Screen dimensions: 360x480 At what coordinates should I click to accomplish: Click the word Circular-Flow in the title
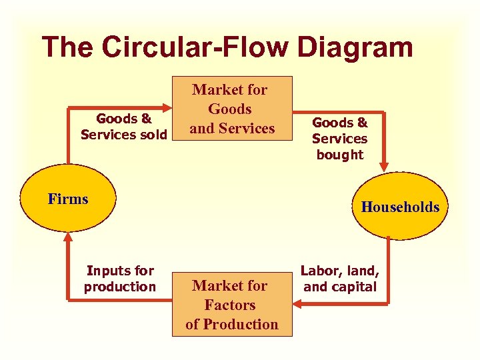pos(193,48)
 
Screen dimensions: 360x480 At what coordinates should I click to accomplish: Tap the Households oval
pos(400,207)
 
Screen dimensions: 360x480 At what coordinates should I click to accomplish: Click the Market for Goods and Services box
pos(231,109)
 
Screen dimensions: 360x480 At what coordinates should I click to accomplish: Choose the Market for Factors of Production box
pos(231,305)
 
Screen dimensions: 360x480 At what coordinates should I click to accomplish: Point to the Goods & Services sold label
pos(123,127)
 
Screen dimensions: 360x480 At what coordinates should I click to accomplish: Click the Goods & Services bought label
pos(339,139)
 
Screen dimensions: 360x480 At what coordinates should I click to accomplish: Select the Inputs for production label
pos(119,279)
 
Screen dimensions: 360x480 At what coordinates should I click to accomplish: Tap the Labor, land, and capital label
pos(340,279)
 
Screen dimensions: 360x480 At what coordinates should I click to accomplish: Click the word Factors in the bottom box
pos(230,305)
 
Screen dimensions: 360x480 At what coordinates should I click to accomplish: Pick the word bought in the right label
pos(340,155)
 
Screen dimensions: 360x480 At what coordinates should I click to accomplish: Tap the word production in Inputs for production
pos(119,287)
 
